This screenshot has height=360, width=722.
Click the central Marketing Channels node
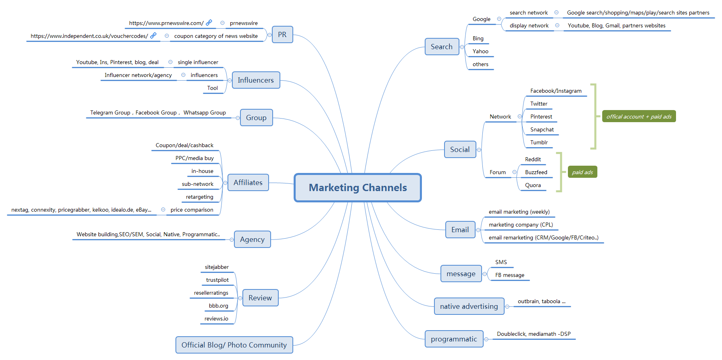tap(358, 187)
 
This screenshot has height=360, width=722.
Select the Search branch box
tap(442, 47)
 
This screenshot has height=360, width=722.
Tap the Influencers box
tap(256, 80)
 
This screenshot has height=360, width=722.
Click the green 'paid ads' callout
tap(582, 172)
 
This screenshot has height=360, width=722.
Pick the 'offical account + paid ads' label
tap(639, 117)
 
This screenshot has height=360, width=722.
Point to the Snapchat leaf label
tap(542, 129)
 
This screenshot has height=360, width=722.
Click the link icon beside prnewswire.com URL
tap(209, 23)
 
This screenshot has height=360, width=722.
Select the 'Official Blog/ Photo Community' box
tap(234, 345)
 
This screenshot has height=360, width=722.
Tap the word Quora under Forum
tap(533, 185)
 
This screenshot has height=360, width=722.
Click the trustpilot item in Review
tap(217, 280)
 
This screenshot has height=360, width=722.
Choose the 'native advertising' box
tap(469, 306)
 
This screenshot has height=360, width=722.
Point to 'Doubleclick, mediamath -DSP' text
tap(533, 334)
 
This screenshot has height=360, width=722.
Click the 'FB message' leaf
tap(509, 275)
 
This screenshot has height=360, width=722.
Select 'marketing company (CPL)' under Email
tap(520, 225)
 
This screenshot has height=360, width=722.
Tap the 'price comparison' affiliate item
tap(192, 210)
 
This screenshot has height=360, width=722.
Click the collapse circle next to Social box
tap(479, 150)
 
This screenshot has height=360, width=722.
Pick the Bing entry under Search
tap(478, 38)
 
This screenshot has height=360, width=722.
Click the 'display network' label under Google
tap(529, 25)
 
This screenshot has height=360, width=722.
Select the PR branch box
tap(282, 35)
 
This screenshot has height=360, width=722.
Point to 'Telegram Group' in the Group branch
tap(110, 113)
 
